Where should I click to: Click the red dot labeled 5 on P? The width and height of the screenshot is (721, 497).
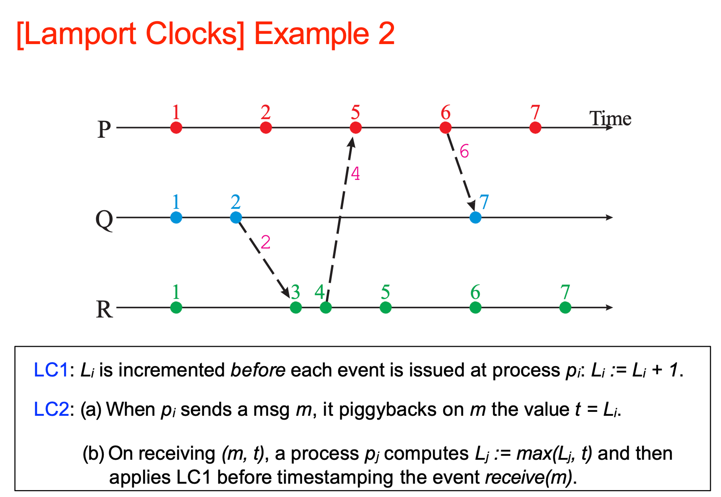click(x=356, y=128)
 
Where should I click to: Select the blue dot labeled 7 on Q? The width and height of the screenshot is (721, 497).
click(x=475, y=217)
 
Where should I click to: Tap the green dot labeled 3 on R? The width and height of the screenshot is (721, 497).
click(x=296, y=308)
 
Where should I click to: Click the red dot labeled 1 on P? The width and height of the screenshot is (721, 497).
click(x=176, y=128)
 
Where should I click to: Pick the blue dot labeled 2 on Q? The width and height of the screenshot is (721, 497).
click(x=236, y=217)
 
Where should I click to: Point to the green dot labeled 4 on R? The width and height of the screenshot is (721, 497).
click(x=326, y=308)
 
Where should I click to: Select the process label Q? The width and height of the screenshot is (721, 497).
click(x=104, y=219)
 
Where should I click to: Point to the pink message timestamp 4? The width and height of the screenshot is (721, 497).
click(x=355, y=174)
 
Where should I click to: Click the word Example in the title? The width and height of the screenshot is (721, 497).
click(x=311, y=34)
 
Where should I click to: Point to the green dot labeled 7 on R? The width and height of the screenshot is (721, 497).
click(x=565, y=308)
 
